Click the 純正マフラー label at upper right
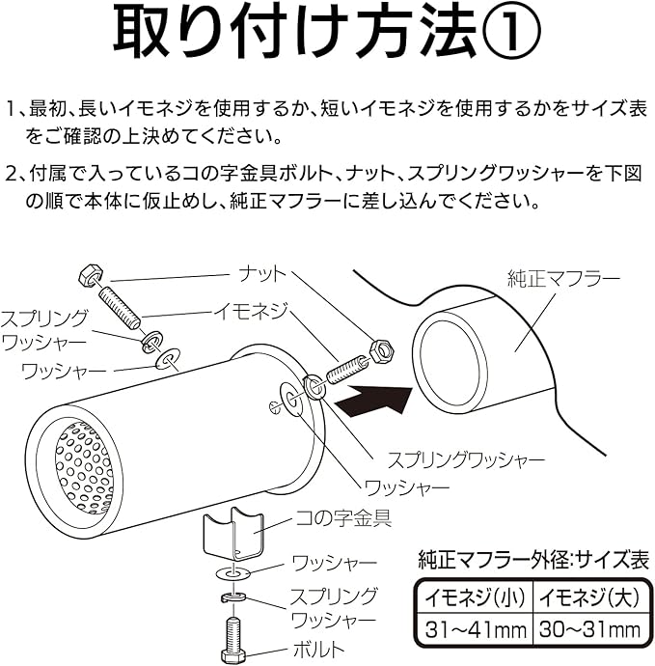point(563,279)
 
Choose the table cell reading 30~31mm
point(587,630)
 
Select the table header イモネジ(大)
point(587,597)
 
